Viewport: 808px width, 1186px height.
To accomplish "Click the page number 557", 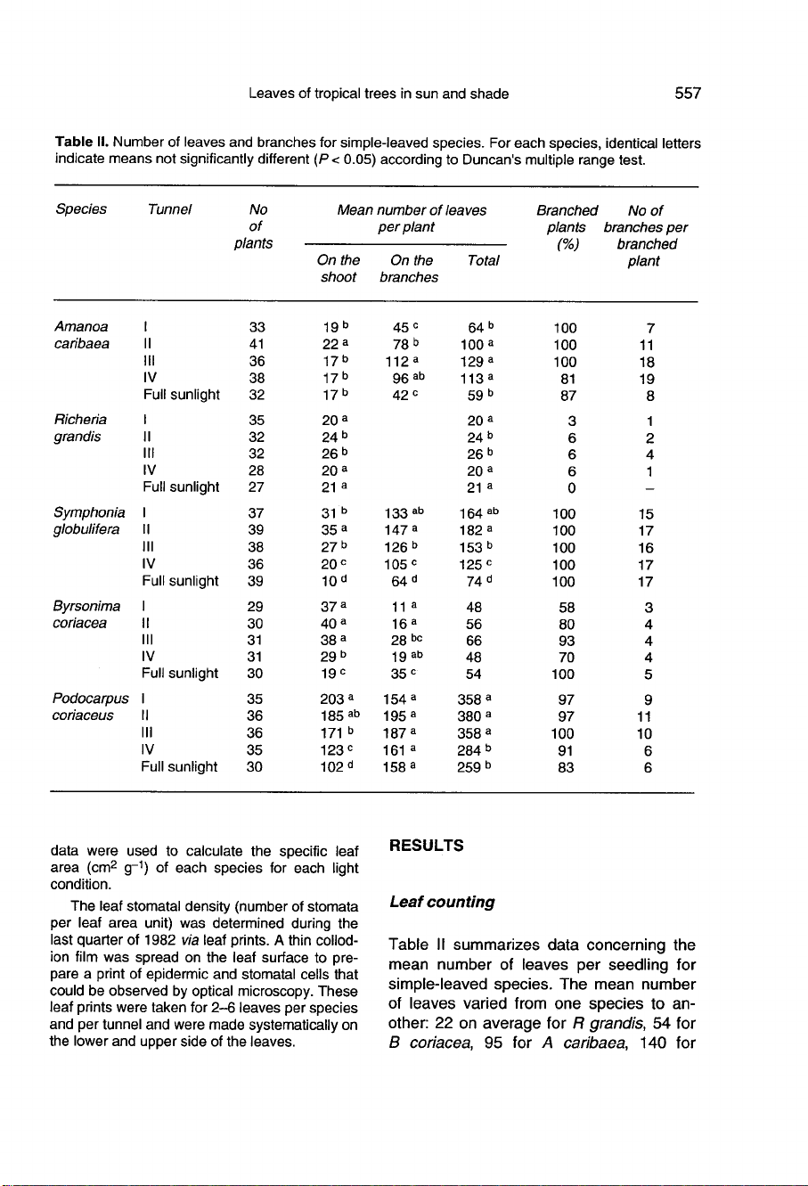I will tap(688, 94).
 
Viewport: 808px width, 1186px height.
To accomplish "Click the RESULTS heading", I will tap(426, 846).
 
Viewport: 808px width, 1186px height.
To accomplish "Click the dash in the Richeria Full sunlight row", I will tap(650, 487).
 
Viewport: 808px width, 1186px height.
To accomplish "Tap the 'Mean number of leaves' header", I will tap(412, 210).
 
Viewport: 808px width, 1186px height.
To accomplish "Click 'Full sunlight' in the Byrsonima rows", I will tap(181, 674).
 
